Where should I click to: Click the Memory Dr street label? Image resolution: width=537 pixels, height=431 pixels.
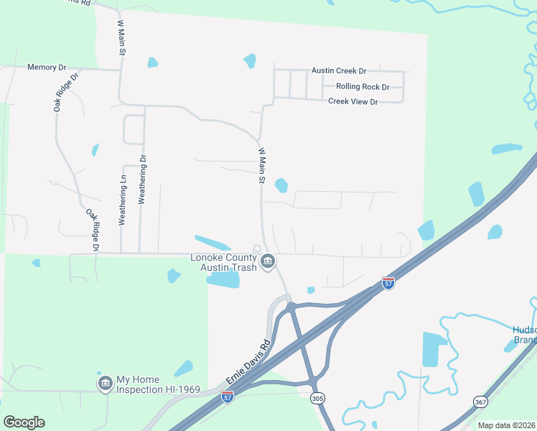(x=47, y=68)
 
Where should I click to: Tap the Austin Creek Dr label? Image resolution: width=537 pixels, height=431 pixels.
(x=339, y=71)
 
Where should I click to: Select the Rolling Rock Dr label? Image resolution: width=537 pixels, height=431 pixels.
(x=363, y=87)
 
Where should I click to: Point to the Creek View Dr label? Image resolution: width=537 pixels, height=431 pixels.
(x=352, y=101)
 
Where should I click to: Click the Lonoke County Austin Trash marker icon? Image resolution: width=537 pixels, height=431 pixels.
(x=268, y=261)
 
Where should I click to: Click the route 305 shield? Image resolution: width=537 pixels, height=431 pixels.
(x=317, y=397)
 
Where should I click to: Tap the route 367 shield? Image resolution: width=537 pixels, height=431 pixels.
(x=480, y=401)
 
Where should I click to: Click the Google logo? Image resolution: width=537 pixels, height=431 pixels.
(x=24, y=422)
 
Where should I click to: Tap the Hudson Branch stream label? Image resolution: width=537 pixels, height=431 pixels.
(x=524, y=335)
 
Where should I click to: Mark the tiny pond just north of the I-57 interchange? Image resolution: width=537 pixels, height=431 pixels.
(x=311, y=290)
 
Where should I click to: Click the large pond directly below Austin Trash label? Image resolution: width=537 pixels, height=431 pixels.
(x=223, y=279)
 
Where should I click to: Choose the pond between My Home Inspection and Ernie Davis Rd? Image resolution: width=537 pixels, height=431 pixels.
(x=183, y=369)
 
